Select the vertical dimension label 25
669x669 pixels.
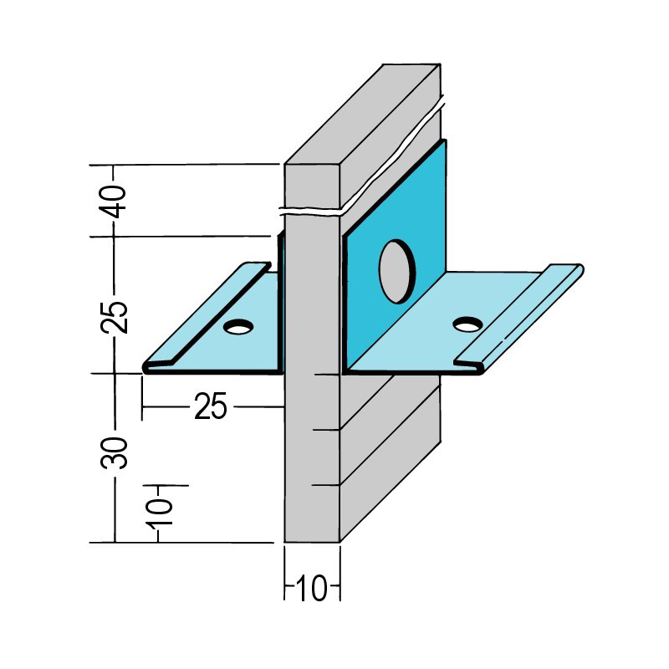(114, 318)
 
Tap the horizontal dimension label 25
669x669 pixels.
(211, 406)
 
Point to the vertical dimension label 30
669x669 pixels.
(114, 453)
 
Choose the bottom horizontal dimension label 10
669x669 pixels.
(311, 589)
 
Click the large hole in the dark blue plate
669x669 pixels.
(397, 271)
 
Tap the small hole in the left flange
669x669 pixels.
(238, 327)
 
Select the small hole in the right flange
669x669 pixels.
(468, 324)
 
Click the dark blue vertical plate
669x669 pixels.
(395, 256)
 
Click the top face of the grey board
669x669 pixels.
(362, 114)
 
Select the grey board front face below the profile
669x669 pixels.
(312, 458)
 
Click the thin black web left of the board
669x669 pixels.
(280, 303)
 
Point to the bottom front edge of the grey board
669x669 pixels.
(312, 543)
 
